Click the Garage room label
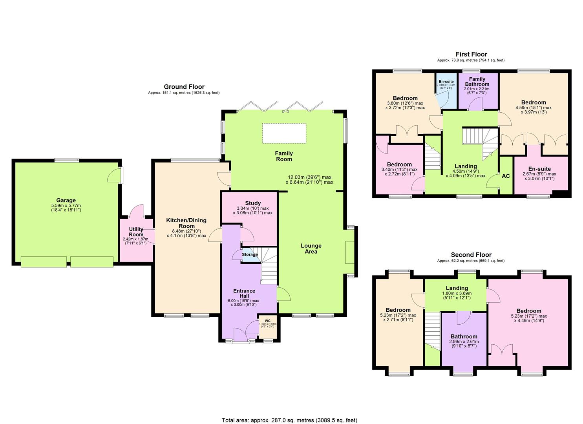click(66, 200)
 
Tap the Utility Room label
click(136, 232)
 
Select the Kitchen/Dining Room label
click(186, 223)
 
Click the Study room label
click(253, 203)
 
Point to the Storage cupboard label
click(250, 254)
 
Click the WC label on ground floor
click(267, 320)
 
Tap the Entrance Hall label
click(244, 293)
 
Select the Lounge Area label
click(311, 249)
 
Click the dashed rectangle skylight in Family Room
click(284, 133)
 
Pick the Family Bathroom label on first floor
click(477, 82)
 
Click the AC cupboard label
click(506, 176)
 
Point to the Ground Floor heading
click(184, 87)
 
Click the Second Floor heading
click(471, 255)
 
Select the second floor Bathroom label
click(464, 336)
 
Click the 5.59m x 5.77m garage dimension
click(66, 205)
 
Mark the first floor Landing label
click(465, 166)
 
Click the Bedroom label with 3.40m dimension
click(399, 164)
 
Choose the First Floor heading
click(471, 54)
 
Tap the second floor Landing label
click(457, 288)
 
